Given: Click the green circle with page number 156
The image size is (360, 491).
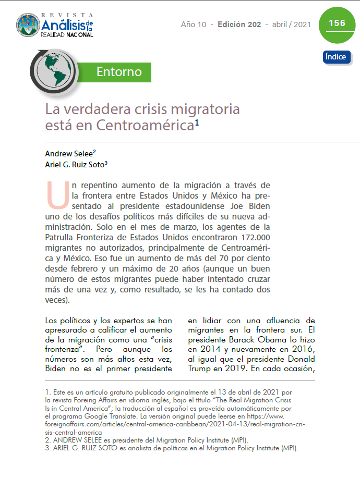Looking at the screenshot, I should click(337, 24).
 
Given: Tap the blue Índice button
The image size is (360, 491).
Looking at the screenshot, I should click(336, 57).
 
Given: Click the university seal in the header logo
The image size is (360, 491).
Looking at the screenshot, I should click(28, 26).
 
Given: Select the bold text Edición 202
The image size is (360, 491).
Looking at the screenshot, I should click(239, 24).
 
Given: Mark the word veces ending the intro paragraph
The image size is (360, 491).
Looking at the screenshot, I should click(57, 300).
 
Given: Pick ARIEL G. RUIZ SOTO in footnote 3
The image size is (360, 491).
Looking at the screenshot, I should click(81, 448).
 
